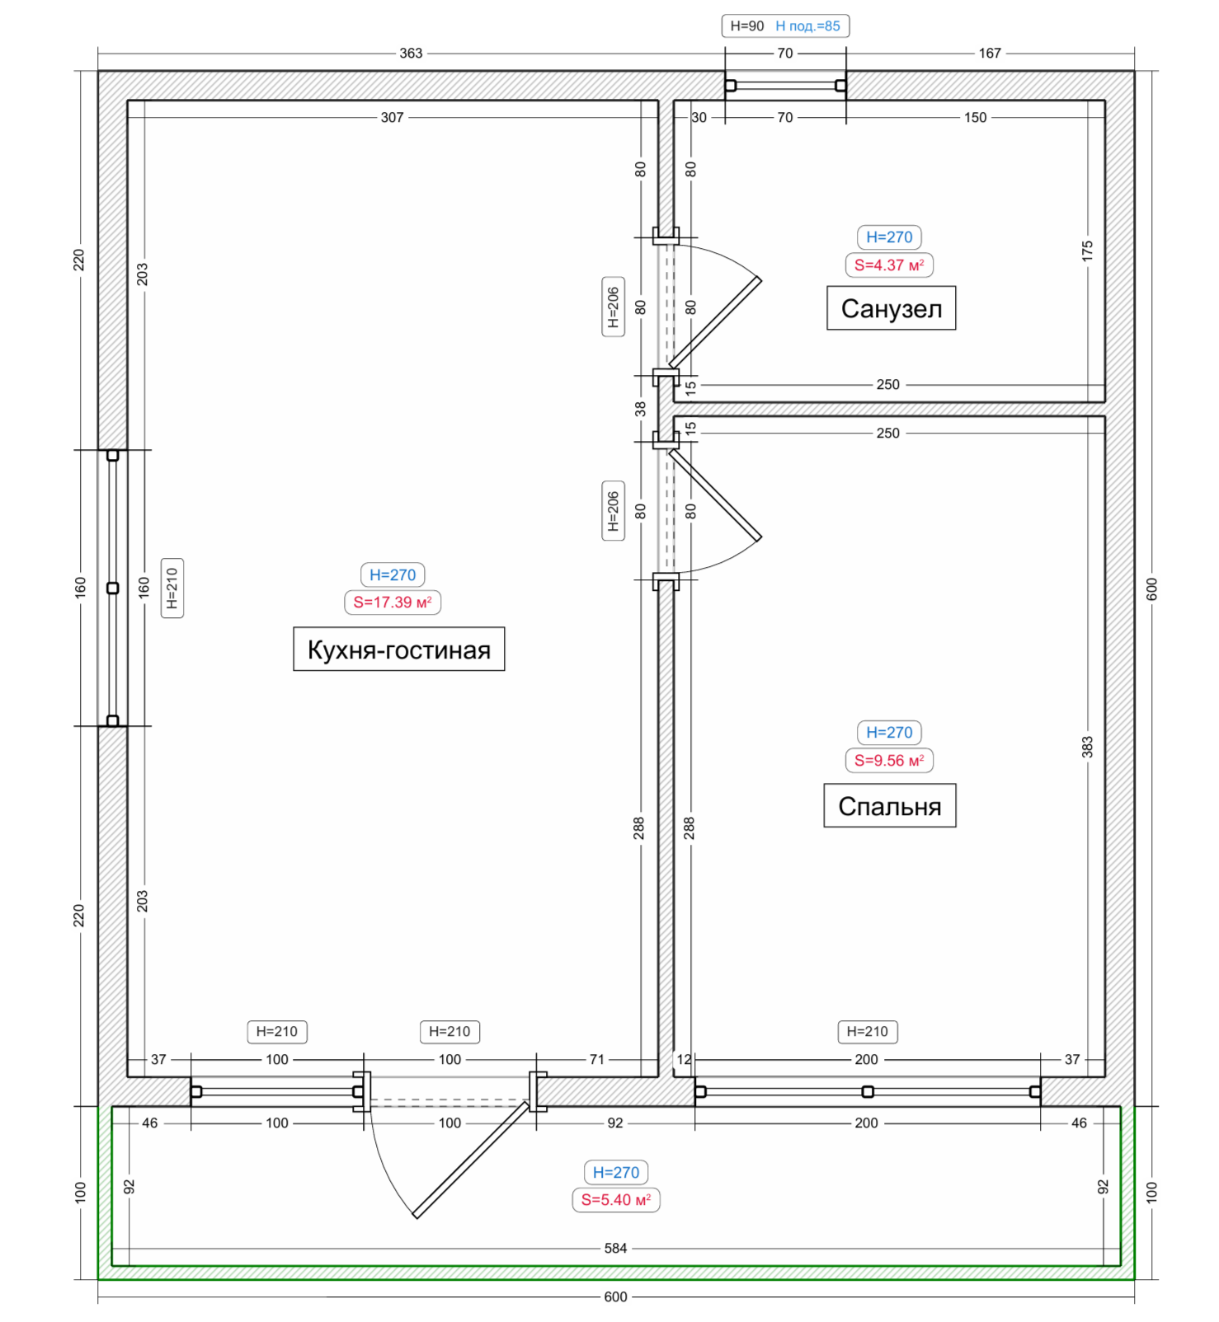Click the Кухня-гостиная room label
coord(399,649)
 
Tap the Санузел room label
coord(891,308)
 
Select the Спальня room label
coord(890,805)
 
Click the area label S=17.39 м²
coord(393,602)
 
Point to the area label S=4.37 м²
coord(889,265)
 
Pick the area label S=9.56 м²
coord(889,761)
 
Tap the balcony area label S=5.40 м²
coord(616,1200)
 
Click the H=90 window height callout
coord(747,26)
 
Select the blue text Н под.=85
coord(807,26)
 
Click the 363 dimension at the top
coord(411,54)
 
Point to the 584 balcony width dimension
coord(615,1248)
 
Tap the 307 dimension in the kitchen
coord(392,118)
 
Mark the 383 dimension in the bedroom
coord(1087,748)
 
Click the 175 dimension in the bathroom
coord(1087,251)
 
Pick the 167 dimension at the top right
coord(990,54)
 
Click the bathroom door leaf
coord(715,322)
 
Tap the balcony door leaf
coord(471,1160)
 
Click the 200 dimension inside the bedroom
coord(866,1060)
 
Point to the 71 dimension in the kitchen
coord(597,1060)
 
